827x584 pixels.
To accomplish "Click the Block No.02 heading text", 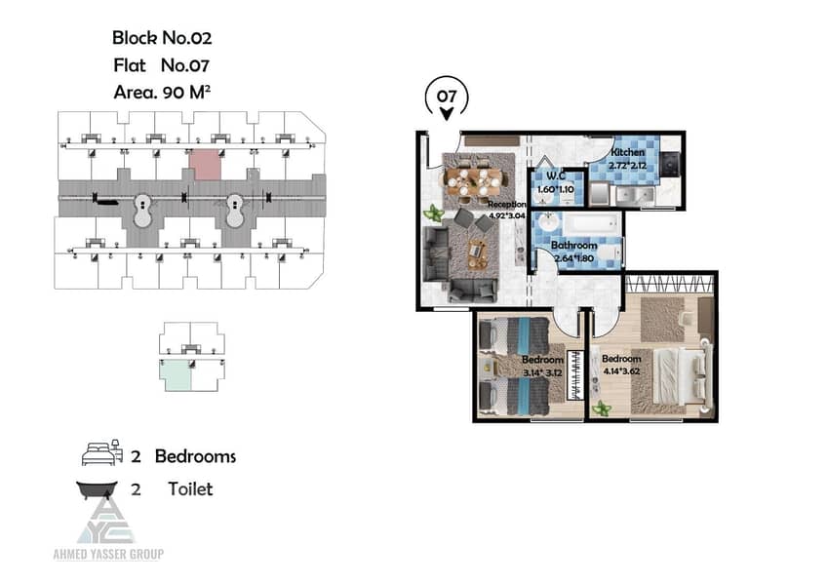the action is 162,38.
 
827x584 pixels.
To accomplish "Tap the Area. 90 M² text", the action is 162,93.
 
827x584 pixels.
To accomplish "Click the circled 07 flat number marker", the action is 447,97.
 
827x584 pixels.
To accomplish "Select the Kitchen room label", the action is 628,152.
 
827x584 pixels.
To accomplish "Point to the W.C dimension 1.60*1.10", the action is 555,189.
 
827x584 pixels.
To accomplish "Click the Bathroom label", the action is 573,246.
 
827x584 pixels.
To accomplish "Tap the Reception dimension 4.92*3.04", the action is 507,215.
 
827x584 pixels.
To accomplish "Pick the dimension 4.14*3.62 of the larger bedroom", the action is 621,371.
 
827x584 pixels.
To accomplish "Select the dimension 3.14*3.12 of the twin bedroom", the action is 542,372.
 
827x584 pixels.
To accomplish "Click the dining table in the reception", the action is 474,179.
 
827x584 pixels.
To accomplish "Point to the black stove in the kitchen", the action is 671,163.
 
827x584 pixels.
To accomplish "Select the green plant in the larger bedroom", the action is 601,408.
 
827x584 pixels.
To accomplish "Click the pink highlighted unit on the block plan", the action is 205,164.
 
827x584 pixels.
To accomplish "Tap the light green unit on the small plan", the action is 177,374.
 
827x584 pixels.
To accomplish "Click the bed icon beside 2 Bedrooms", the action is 102,452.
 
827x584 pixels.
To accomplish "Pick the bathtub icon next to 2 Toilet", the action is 98,489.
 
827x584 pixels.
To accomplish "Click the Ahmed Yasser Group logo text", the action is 108,554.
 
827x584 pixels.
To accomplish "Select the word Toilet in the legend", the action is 190,489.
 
